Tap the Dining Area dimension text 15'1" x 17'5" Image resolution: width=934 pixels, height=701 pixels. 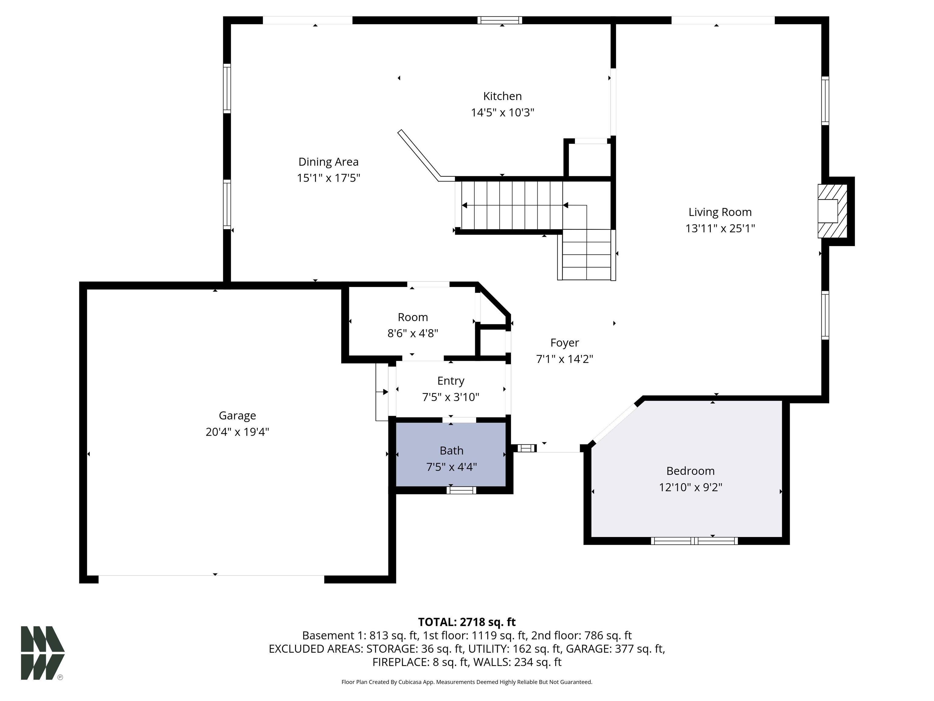(x=328, y=178)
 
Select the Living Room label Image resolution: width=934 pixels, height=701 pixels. (x=720, y=212)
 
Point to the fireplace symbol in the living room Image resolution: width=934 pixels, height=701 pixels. (x=832, y=211)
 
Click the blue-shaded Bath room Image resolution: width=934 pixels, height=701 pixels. (x=451, y=454)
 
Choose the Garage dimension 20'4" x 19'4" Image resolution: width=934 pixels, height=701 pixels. (x=237, y=432)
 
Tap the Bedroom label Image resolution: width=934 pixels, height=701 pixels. (x=690, y=471)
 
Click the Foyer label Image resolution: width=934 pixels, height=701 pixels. (x=565, y=343)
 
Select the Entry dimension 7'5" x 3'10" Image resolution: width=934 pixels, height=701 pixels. (x=451, y=397)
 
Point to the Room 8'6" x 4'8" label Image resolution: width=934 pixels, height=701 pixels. (x=413, y=325)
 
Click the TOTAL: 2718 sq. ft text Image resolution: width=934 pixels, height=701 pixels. (x=467, y=622)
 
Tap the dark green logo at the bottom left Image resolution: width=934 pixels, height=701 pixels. (x=43, y=653)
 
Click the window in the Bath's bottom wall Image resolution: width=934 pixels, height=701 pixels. (x=462, y=490)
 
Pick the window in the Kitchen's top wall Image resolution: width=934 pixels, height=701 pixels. (x=500, y=20)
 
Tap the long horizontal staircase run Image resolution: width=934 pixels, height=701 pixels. (x=512, y=205)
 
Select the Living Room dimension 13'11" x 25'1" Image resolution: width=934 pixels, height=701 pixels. (x=720, y=228)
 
